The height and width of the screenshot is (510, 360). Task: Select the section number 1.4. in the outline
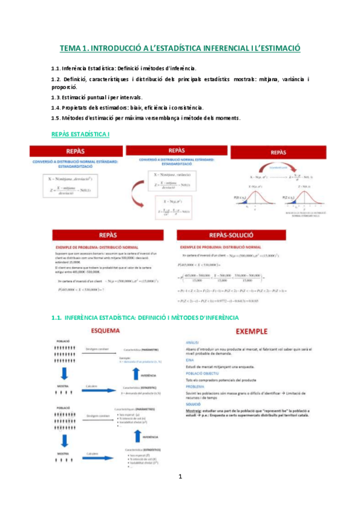pos(58,107)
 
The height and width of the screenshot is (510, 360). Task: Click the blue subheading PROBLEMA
pos(196,387)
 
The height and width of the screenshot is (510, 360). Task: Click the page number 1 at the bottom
pos(180,494)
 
